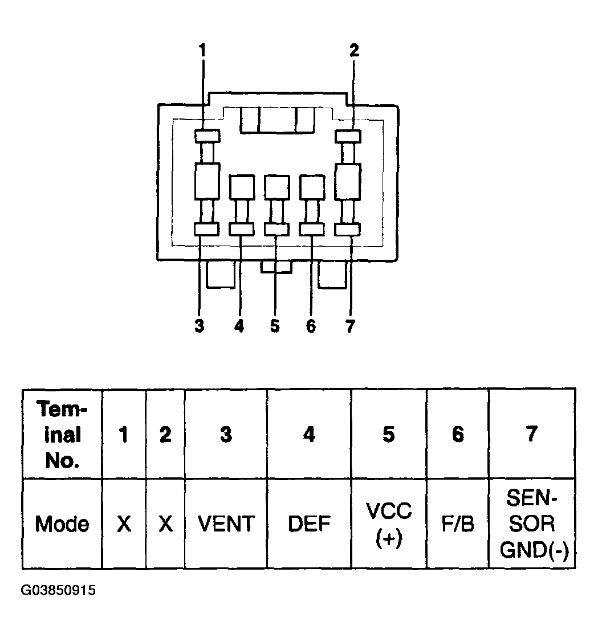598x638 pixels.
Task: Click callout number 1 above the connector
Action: point(202,51)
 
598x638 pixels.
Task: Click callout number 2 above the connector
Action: point(354,51)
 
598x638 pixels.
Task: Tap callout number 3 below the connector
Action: point(199,326)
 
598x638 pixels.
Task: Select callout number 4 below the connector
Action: point(239,326)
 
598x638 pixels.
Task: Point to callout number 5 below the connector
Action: point(275,326)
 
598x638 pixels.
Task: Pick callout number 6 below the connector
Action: point(311,326)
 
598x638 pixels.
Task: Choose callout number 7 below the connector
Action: point(350,326)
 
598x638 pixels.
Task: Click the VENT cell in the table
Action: point(226,524)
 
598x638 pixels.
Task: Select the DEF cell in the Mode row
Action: point(309,524)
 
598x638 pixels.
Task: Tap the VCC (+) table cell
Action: point(389,524)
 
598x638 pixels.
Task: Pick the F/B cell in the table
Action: point(458,524)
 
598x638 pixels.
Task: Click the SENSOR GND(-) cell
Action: point(532,524)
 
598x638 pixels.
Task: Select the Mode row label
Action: point(62,524)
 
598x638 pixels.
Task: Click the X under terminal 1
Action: point(124,524)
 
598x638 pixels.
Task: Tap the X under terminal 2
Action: point(165,524)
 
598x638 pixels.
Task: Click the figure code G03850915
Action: point(58,590)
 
